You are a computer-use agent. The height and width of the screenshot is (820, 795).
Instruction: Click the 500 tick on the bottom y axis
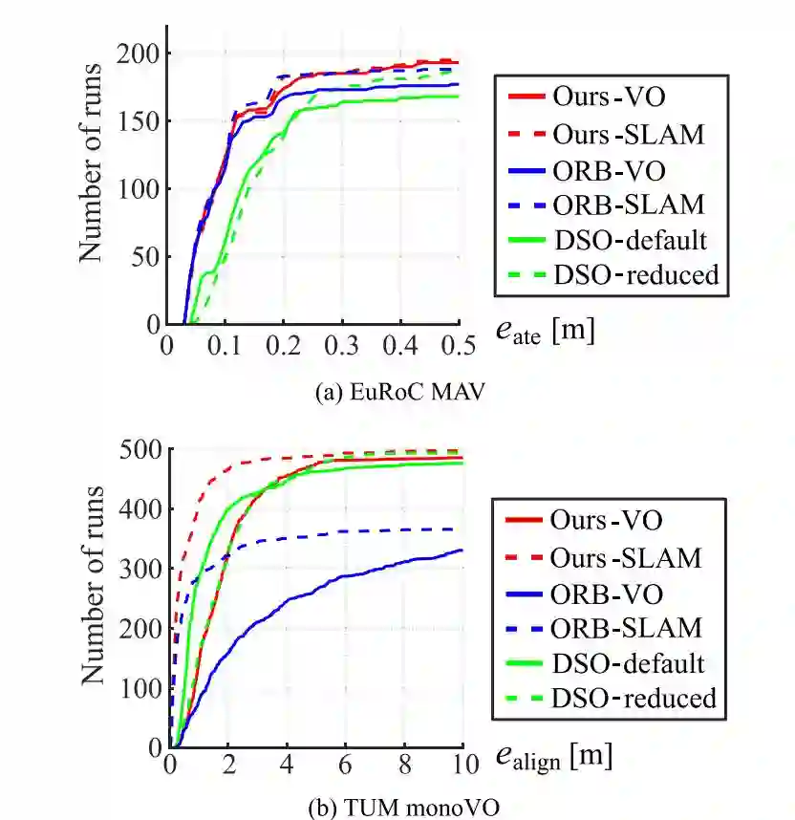[143, 449]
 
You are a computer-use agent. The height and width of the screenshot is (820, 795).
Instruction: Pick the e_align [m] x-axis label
[553, 758]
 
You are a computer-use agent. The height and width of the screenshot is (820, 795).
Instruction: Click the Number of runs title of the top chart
[91, 162]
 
